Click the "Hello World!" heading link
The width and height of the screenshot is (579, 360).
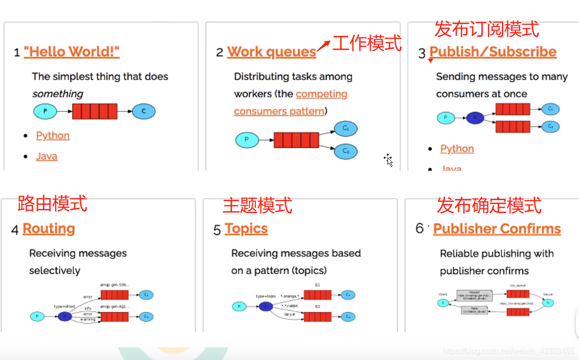pos(71,52)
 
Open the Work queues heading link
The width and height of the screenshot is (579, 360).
pos(272,52)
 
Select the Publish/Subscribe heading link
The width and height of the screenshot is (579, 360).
pos(493,52)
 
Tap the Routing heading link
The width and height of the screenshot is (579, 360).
pos(48,229)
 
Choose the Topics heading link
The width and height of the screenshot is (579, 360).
pos(246,229)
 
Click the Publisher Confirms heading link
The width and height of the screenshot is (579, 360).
pos(497,229)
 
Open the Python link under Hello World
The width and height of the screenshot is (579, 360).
pos(53,136)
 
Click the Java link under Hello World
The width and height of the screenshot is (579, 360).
pos(47,156)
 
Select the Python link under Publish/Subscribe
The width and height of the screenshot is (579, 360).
pos(457,149)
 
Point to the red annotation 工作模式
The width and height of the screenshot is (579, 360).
pos(367,43)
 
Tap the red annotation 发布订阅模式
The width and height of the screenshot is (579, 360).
pos(486,29)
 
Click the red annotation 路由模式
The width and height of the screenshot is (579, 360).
pos(52,203)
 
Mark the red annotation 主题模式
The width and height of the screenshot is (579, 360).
pos(257,205)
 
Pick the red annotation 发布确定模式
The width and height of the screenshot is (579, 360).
pos(489,205)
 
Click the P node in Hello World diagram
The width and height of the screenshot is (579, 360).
pos(45,112)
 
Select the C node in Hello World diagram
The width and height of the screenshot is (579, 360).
pos(144,112)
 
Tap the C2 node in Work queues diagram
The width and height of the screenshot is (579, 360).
pos(346,151)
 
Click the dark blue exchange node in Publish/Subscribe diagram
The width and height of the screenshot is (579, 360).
pos(475,118)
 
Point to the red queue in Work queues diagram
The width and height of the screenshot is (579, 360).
pos(296,140)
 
